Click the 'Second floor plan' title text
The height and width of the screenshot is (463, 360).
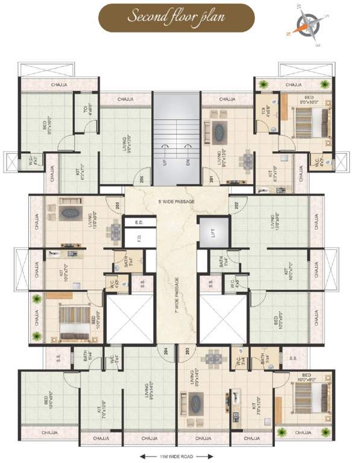pos(175,16)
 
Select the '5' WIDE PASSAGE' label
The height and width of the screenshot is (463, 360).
pos(177,201)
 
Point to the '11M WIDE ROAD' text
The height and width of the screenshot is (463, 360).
pos(178,456)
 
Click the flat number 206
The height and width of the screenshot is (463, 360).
pos(142,179)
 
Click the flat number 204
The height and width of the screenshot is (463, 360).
pos(162,350)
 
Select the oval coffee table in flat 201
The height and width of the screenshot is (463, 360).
pos(219,130)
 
